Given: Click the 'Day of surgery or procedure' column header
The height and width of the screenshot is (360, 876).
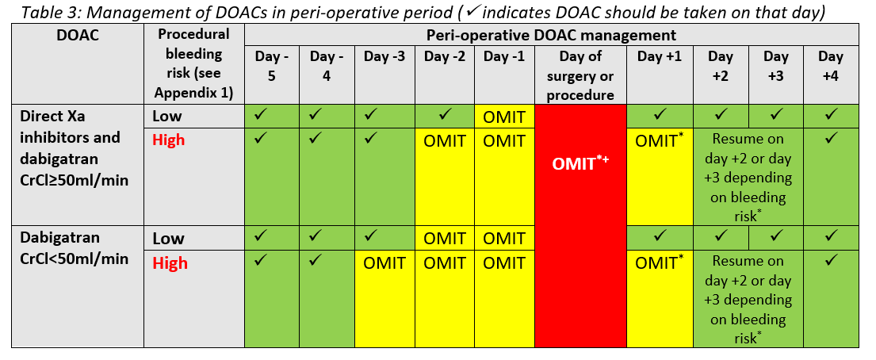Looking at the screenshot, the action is (580, 75).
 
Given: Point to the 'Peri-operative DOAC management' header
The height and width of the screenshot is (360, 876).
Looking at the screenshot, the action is (552, 35).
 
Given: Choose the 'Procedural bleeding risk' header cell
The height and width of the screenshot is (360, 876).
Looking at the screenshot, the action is (194, 63).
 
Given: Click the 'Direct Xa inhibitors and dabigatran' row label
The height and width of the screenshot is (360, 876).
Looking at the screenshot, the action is (70, 148).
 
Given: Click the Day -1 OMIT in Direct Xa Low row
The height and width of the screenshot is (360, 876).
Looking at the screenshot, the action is (504, 117).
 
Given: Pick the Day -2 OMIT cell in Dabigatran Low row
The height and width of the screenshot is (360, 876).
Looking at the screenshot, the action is (444, 239).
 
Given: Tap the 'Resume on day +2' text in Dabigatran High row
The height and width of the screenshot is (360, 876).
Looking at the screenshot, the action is (748, 270).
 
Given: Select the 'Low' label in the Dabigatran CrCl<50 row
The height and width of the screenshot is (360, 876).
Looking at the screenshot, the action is (169, 239).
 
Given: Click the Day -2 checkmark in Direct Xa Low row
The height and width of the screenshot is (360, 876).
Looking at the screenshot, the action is (444, 116).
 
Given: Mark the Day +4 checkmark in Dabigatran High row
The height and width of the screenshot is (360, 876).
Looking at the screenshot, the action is (831, 260).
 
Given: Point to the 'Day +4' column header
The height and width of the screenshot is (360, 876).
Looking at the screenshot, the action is (831, 66).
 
